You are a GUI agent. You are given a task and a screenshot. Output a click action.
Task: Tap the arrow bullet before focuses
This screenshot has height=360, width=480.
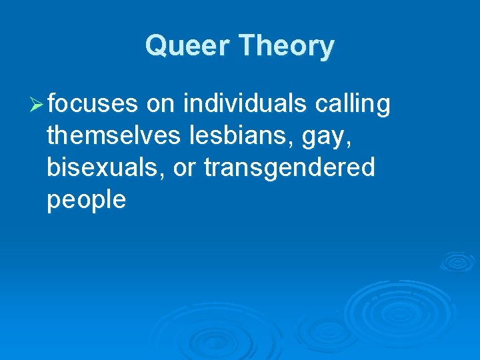(38, 105)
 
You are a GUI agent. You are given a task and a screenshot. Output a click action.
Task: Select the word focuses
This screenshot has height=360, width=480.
(93, 104)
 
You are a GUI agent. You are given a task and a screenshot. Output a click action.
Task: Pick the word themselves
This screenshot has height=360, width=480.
(113, 136)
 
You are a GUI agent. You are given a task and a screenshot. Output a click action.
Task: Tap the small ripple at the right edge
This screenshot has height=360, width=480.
(457, 261)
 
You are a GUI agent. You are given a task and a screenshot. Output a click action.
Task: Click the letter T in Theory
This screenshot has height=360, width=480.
(249, 47)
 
